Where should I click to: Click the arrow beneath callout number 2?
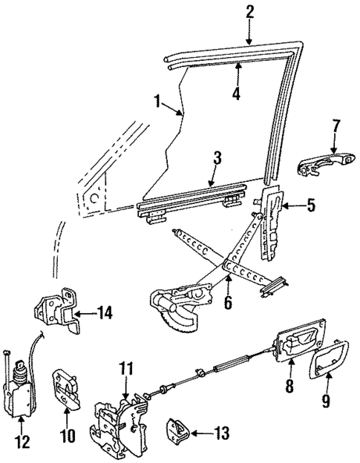(x=249, y=33)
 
